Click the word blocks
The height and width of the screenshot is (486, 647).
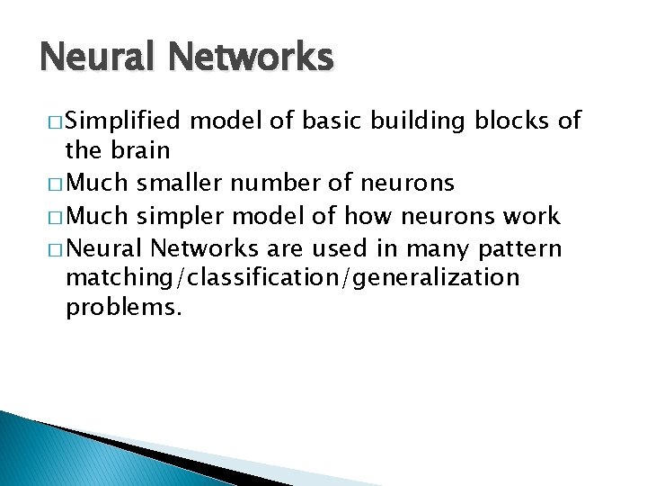pyautogui.click(x=508, y=120)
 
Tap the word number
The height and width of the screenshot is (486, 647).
pyautogui.click(x=268, y=184)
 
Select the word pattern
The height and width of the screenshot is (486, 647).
pyautogui.click(x=522, y=247)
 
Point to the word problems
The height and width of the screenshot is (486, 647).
pyautogui.click(x=124, y=309)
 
